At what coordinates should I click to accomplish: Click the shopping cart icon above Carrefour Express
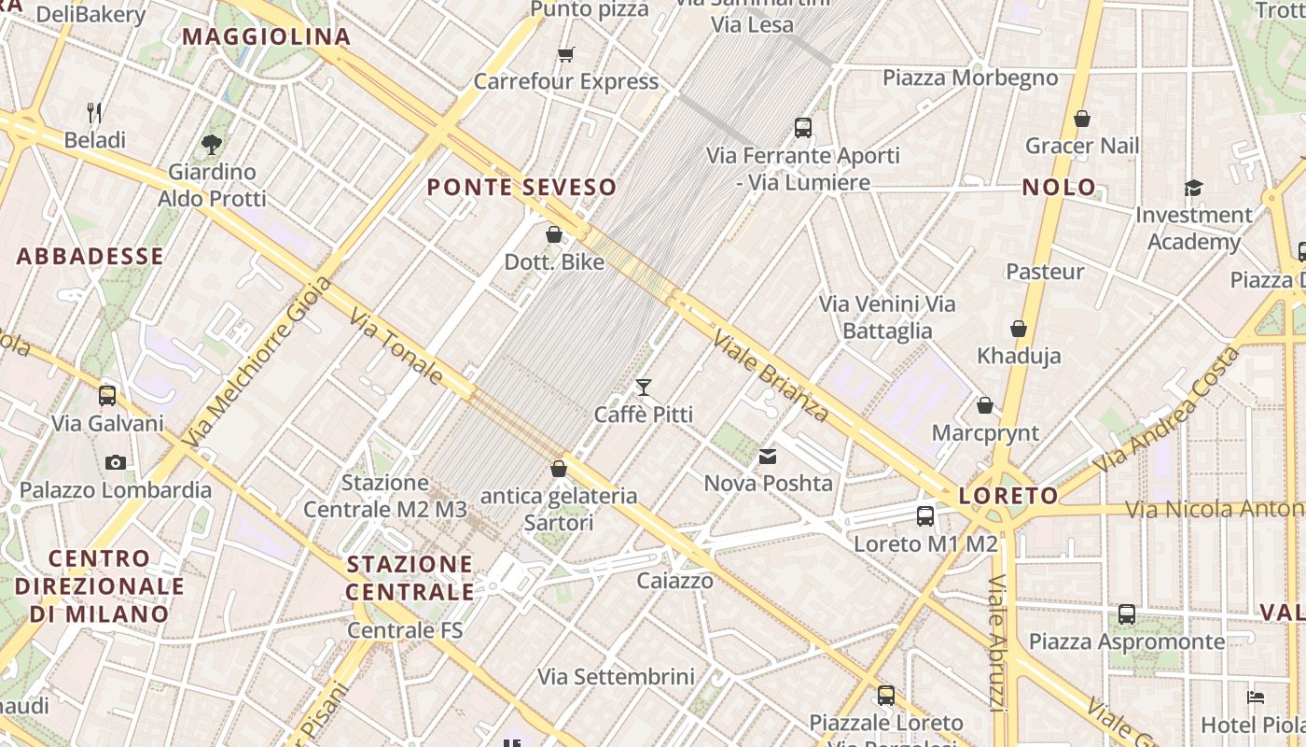[565, 54]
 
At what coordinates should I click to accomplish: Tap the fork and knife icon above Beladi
[94, 113]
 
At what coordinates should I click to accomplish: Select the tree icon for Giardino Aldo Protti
[212, 144]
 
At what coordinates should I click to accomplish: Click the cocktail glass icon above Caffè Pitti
[643, 387]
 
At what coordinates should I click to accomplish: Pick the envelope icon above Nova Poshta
[768, 457]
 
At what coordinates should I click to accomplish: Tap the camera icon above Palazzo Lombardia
[116, 462]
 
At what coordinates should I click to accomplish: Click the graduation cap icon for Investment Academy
[1193, 189]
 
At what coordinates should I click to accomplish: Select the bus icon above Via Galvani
[107, 395]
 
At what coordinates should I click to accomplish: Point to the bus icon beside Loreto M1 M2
[925, 516]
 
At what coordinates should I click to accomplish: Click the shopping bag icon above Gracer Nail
[1082, 119]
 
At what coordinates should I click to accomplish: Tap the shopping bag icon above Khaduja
[1019, 329]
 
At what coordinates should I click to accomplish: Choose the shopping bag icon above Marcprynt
[985, 405]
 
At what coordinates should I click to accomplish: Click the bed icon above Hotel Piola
[1256, 698]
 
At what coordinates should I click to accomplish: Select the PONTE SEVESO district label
[522, 187]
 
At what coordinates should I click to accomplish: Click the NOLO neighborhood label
[1059, 187]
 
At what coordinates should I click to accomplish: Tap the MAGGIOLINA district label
[266, 37]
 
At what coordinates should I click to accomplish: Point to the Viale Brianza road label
[771, 375]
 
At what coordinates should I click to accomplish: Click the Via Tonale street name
[397, 346]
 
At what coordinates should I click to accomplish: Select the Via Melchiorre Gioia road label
[258, 360]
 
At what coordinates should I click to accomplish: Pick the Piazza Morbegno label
[970, 78]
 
